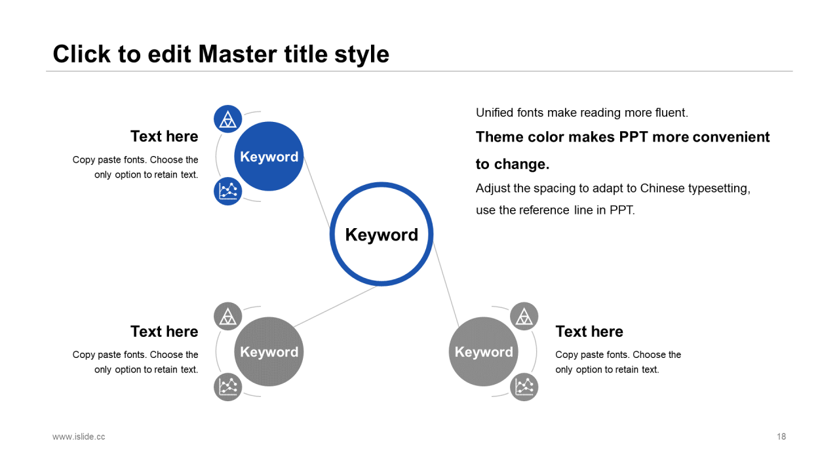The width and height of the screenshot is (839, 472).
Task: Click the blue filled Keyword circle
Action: pyautogui.click(x=269, y=156)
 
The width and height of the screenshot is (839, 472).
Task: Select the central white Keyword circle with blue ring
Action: pyautogui.click(x=381, y=234)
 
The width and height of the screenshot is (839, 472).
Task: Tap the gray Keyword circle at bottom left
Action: pyautogui.click(x=269, y=351)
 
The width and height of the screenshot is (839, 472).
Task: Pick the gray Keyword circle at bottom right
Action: pyautogui.click(x=484, y=351)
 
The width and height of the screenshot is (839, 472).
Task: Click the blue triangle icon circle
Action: pyautogui.click(x=227, y=119)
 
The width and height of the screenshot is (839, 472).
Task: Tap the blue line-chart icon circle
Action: pyautogui.click(x=227, y=191)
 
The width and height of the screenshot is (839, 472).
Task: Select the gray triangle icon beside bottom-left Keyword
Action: pyautogui.click(x=227, y=316)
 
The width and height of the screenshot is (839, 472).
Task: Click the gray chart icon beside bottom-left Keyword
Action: pyautogui.click(x=227, y=387)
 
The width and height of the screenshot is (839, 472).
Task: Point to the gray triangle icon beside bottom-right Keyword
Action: pyautogui.click(x=524, y=316)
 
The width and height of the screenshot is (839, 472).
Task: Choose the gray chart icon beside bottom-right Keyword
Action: pyautogui.click(x=524, y=387)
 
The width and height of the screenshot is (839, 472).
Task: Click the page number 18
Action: pyautogui.click(x=781, y=437)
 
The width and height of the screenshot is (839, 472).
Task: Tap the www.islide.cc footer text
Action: pyautogui.click(x=79, y=437)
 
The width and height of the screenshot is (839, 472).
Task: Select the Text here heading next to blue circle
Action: pyautogui.click(x=164, y=136)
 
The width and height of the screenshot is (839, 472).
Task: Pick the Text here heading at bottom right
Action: pyautogui.click(x=589, y=332)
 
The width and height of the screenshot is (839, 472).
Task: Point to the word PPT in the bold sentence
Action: pyautogui.click(x=633, y=137)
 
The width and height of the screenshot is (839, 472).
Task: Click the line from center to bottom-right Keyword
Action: pyautogui.click(x=446, y=285)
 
